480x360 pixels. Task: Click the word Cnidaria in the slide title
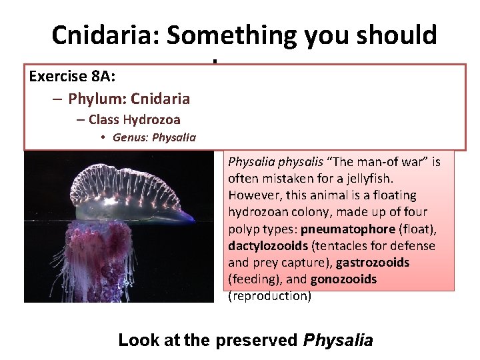pos(106,35)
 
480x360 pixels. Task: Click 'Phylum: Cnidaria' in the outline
pos(129,99)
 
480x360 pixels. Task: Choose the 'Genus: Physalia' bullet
pos(154,137)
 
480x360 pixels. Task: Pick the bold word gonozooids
pos(344,279)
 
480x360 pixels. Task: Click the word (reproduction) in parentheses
pos(269,296)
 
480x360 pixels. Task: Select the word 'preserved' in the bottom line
pos(257,340)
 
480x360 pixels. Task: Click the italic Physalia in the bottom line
pos(338,340)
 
